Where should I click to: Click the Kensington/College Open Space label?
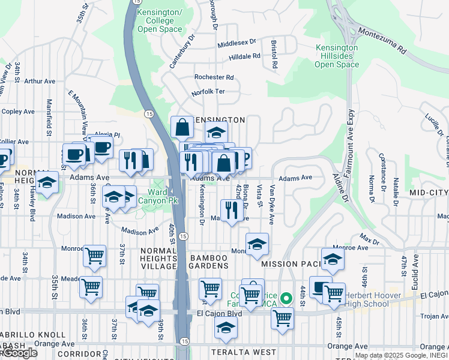(x=159, y=21)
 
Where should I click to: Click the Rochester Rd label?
(x=214, y=77)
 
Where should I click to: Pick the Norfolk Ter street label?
(x=208, y=92)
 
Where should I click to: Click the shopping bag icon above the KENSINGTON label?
(x=182, y=127)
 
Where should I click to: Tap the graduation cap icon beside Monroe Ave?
(x=257, y=244)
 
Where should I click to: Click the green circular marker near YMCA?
(x=286, y=298)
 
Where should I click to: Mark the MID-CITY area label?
(x=429, y=193)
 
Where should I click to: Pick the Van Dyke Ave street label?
(x=271, y=205)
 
